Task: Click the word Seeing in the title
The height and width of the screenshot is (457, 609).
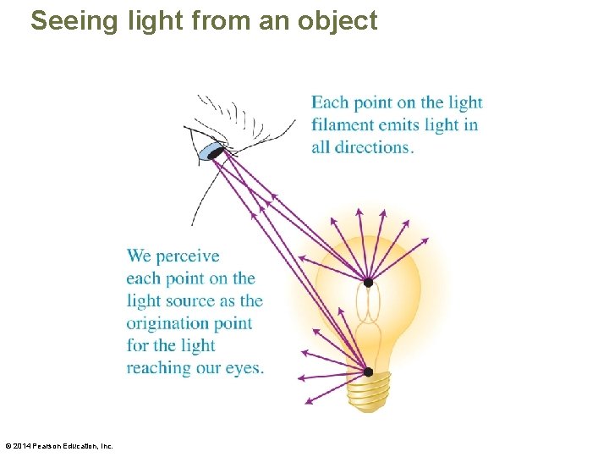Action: (74, 20)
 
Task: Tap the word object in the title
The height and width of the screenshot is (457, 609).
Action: (337, 20)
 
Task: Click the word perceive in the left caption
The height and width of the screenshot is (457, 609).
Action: (188, 256)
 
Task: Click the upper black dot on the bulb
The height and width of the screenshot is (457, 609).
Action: (368, 282)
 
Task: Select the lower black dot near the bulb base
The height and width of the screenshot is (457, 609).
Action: (368, 372)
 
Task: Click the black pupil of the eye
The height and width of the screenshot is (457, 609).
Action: (216, 153)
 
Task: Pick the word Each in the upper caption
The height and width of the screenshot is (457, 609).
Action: (328, 103)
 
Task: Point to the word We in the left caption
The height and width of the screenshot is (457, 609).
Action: (139, 256)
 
